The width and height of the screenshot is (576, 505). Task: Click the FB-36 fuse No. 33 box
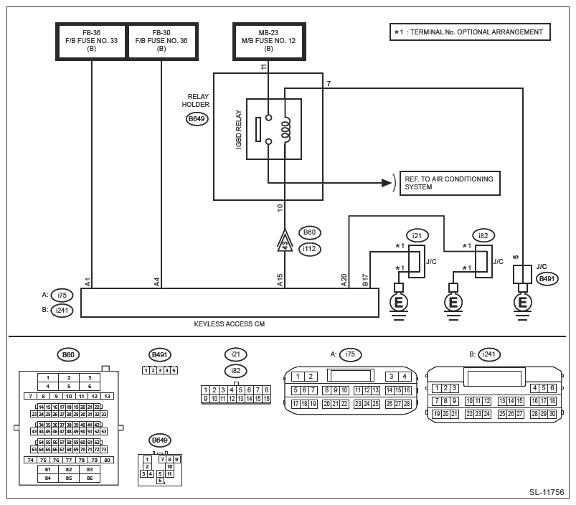92,41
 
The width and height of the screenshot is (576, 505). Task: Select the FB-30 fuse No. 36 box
161,41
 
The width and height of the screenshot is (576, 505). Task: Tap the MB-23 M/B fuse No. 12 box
268,41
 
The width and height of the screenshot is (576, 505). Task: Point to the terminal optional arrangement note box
470,32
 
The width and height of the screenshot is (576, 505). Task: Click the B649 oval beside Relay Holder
197,119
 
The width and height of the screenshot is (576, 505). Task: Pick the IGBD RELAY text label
239,129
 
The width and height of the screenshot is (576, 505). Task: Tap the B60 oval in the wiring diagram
310,232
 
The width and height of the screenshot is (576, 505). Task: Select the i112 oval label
310,249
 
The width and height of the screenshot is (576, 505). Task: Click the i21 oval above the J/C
417,235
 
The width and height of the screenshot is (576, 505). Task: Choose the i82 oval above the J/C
484,235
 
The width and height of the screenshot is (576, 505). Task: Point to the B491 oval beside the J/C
547,279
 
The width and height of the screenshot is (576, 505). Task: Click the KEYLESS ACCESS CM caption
230,324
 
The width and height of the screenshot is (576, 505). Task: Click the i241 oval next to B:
62,310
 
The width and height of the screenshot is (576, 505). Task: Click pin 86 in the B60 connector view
89,477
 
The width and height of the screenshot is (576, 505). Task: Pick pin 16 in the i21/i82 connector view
266,399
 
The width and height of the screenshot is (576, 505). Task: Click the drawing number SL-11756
547,492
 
